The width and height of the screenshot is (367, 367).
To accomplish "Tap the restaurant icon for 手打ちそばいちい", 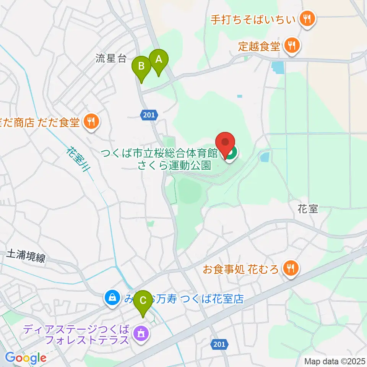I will tap(307, 18).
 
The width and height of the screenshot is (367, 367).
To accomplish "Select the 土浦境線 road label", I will tap(26, 257).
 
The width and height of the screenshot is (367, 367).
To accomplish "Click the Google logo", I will tap(26, 358).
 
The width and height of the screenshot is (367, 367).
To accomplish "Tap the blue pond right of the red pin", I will tap(264, 156).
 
